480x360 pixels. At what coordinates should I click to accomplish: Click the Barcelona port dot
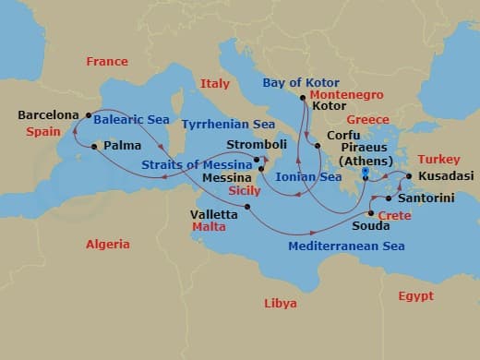pos(89,116)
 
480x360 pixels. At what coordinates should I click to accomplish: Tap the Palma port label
pos(116,146)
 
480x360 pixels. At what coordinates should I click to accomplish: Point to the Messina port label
pos(230,176)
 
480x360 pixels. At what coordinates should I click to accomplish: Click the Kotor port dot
pos(303,96)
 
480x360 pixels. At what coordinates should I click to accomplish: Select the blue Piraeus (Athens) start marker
pos(366,172)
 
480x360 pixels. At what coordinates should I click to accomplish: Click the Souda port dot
pos(371,212)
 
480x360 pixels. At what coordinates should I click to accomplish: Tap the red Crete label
pos(395,214)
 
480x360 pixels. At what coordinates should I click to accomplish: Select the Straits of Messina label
pos(197,165)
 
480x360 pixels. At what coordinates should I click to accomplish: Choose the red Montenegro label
pos(346,94)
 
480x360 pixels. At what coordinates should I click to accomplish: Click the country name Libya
pos(281,303)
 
